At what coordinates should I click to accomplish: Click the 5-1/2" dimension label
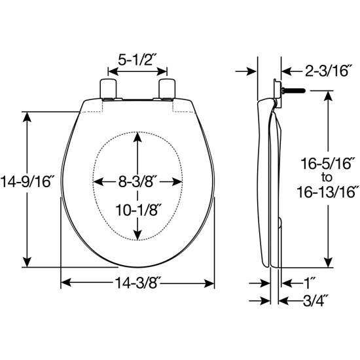point(137,60)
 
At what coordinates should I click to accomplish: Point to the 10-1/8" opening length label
point(137,210)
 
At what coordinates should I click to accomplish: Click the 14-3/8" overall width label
point(137,283)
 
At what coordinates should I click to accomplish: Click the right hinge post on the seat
point(168,89)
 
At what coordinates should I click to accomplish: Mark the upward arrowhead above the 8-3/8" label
point(137,137)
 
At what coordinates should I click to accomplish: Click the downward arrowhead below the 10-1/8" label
point(137,236)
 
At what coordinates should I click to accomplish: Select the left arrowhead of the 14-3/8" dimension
point(64,283)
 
